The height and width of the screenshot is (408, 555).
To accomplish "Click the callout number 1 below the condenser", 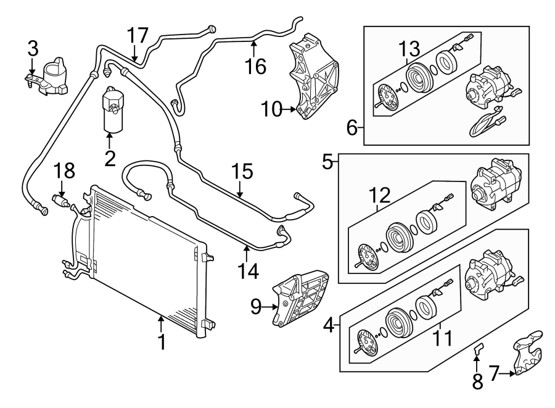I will (x=162, y=341).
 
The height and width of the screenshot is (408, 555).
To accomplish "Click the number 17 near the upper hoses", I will (x=138, y=35).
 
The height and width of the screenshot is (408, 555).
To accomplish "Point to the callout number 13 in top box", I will (x=408, y=47).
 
